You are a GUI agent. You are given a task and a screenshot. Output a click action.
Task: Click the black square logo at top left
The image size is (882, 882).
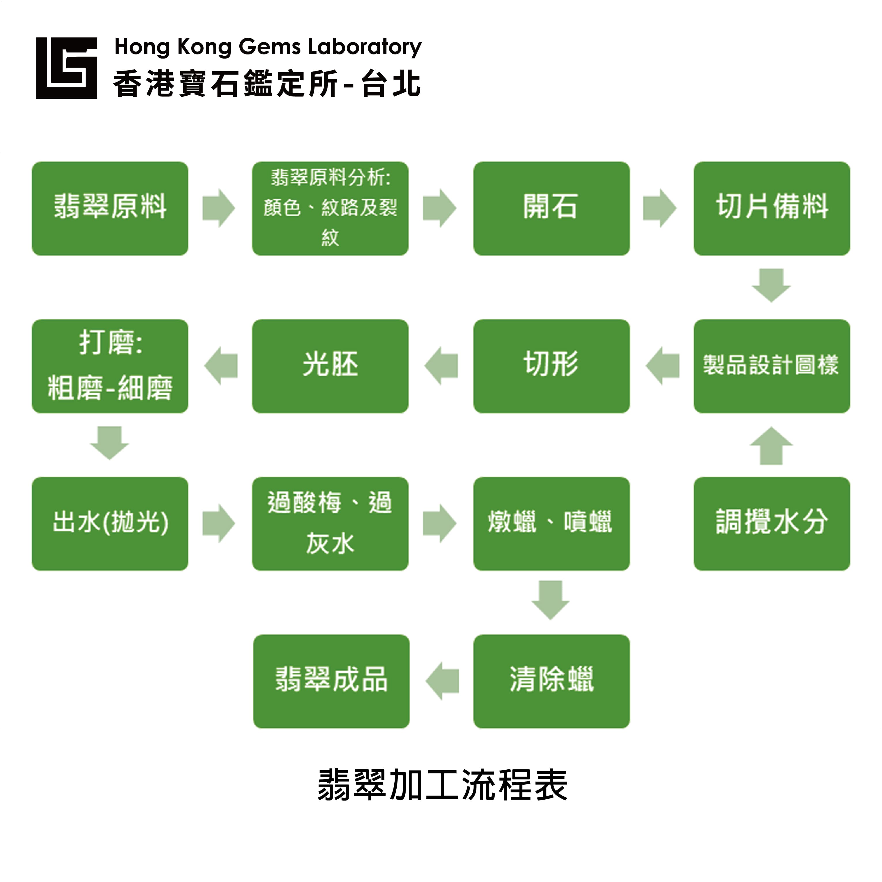(66, 68)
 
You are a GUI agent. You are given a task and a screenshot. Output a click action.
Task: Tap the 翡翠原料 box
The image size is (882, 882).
(110, 209)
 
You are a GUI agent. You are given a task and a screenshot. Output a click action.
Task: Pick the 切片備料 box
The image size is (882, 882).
(771, 209)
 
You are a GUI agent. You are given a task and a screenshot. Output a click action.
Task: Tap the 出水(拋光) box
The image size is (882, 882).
(110, 524)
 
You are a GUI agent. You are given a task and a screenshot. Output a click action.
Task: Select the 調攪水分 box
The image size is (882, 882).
(771, 524)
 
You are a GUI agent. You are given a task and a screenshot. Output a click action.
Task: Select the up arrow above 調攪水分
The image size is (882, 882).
(771, 446)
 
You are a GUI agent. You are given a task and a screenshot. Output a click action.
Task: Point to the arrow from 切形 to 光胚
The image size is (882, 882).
(441, 366)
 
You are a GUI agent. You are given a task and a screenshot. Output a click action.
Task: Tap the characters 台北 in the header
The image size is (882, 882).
(391, 84)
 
